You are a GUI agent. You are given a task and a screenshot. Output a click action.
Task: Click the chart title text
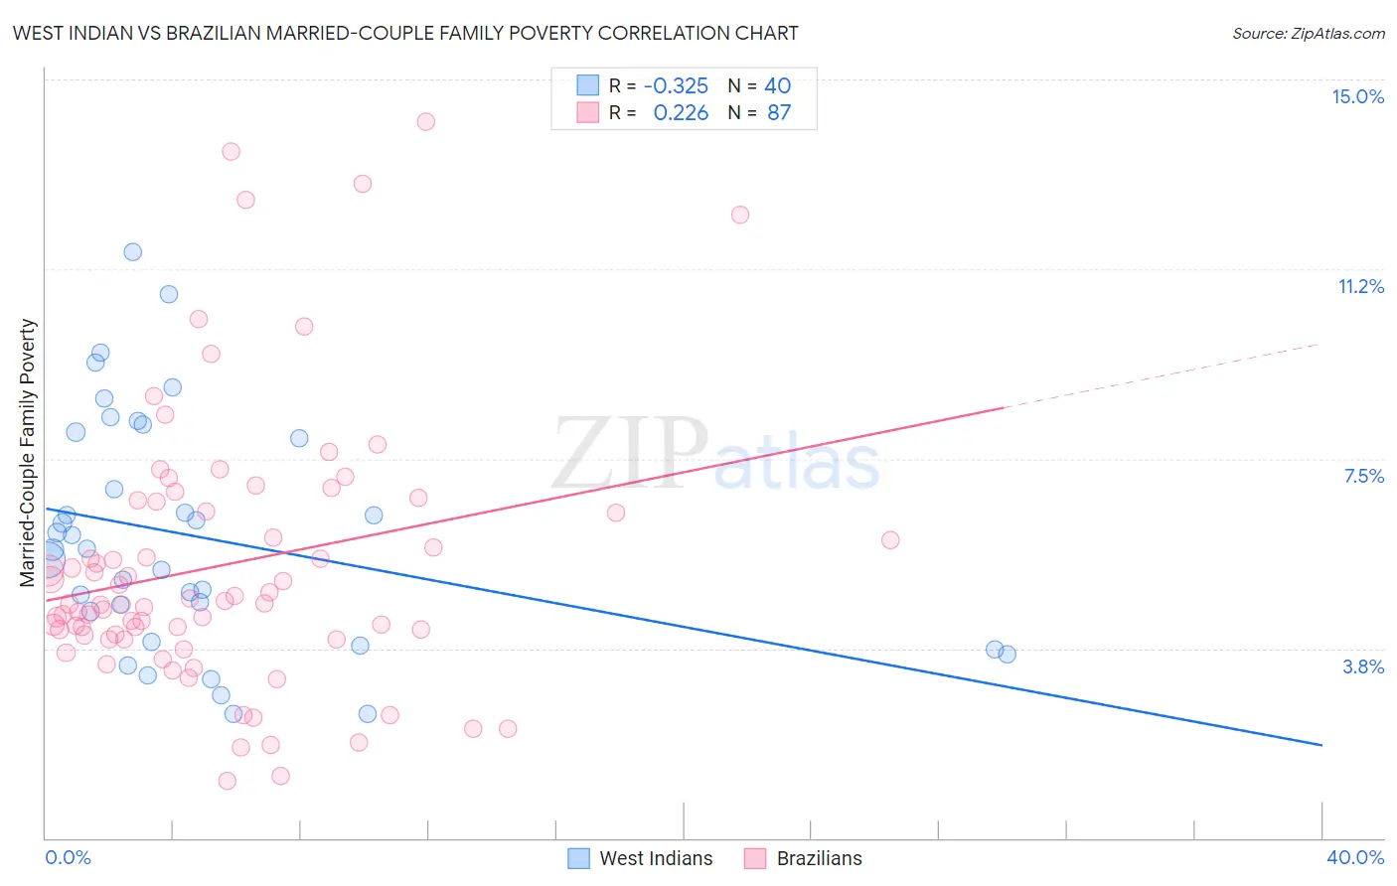405,33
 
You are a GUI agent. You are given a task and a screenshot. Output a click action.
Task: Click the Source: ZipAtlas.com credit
1308,34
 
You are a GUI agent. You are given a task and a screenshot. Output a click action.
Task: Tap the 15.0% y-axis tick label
1357,96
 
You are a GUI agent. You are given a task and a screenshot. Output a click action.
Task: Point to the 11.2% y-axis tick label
1360,286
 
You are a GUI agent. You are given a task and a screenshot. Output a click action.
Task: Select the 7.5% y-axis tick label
1363,476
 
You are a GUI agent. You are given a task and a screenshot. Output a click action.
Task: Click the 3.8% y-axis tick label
1363,666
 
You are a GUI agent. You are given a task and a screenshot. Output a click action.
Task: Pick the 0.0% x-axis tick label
68,857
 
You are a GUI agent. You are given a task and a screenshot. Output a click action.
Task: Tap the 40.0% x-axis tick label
1355,857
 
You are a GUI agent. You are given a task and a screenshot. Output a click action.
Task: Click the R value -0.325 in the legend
676,85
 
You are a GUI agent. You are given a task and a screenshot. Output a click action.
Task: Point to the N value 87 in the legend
779,112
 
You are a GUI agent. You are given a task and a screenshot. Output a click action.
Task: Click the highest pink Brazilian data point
425,121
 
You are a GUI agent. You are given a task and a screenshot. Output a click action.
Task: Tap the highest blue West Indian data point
132,252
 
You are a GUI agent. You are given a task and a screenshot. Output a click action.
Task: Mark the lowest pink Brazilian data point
227,781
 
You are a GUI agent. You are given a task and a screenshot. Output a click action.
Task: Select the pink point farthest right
890,540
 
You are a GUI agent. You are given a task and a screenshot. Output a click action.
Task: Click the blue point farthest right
1007,654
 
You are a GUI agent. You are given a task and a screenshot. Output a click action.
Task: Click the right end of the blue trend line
1321,744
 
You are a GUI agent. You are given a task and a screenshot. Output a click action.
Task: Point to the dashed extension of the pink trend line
1163,375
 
